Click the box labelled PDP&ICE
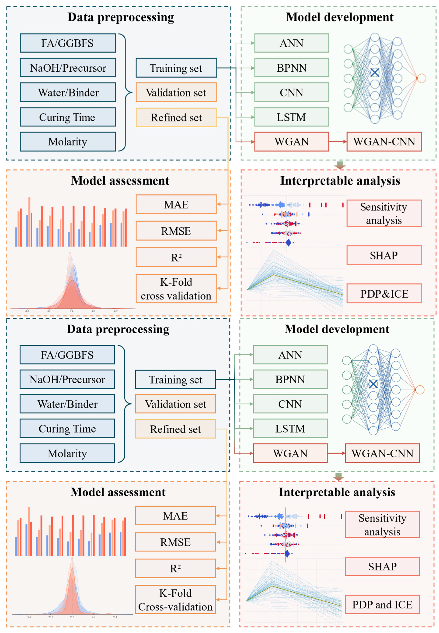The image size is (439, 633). [384, 294]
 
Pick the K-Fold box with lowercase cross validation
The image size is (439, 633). [176, 288]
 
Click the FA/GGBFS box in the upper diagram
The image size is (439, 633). [68, 43]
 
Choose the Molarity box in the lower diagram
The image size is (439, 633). [67, 453]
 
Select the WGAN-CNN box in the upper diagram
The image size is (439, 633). [384, 141]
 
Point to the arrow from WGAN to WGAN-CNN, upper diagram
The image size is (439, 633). [338, 141]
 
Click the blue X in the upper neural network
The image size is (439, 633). [375, 73]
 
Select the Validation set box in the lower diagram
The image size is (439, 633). [175, 404]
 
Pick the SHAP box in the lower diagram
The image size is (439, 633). [382, 566]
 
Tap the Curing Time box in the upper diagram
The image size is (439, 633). [68, 117]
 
